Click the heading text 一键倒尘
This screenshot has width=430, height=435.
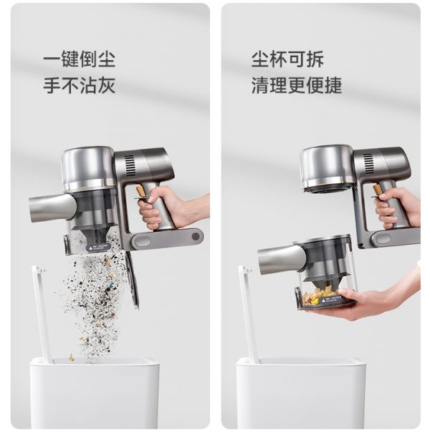click(x=80, y=59)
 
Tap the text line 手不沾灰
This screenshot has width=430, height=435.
click(x=80, y=85)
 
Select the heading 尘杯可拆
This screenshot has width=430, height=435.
click(x=287, y=59)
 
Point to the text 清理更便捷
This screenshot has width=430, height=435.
click(x=296, y=85)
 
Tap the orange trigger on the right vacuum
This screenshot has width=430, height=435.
click(x=378, y=190)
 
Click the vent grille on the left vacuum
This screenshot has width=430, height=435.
click(x=129, y=165)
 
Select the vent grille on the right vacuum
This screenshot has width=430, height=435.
click(x=368, y=164)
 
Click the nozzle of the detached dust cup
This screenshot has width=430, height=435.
click(x=280, y=260)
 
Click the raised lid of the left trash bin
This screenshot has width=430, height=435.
click(x=42, y=314)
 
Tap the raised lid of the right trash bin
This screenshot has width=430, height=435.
click(x=248, y=314)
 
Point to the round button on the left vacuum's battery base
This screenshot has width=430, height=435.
click(x=196, y=237)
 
